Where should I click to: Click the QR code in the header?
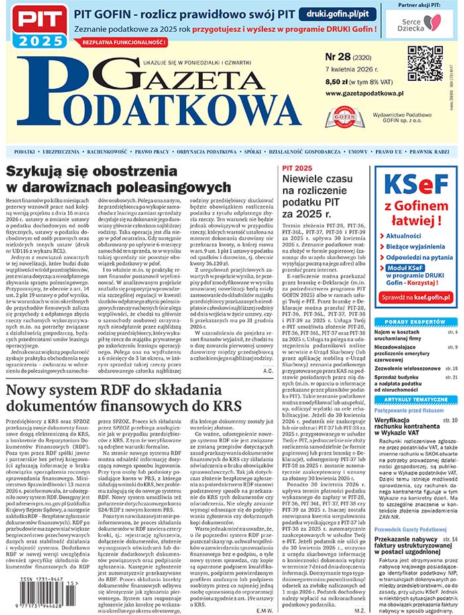click(424, 63)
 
